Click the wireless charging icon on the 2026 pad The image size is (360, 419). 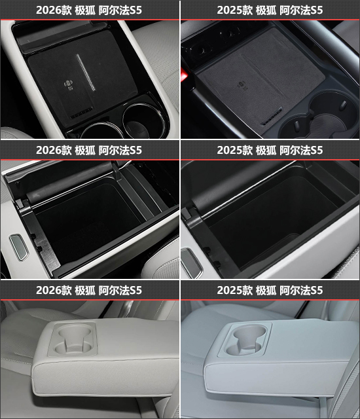pos(69,84)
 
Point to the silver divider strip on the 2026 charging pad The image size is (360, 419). pos(86,73)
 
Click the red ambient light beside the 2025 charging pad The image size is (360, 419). pos(185,74)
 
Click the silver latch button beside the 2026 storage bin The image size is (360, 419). pos(18,247)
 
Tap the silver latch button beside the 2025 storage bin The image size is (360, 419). pos(190,261)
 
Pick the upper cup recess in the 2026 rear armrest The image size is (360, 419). pos(73,332)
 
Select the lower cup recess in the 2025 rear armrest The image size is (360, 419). pos(243,348)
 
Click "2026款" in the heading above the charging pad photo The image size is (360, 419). pos(54,10)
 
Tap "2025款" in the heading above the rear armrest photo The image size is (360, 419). pos(234,290)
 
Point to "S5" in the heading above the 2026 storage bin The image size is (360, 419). pos(135,150)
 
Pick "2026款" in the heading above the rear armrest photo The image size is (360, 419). pos(54,290)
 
